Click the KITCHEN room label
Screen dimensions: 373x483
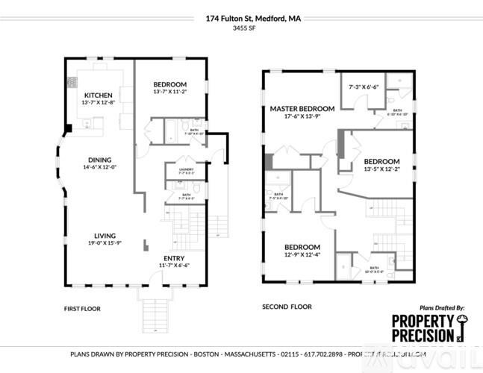tap(98, 95)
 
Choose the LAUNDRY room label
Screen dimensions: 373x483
tap(186, 169)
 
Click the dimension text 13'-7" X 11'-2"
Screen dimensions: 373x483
tap(170, 92)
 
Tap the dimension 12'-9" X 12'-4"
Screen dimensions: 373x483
tap(302, 256)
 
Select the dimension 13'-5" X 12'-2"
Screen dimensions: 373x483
tap(381, 169)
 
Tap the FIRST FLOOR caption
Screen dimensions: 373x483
tap(82, 308)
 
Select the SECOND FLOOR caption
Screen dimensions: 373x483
tap(286, 307)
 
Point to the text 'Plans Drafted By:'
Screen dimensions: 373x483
tap(442, 307)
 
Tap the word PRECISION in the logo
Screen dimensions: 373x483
tap(423, 336)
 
